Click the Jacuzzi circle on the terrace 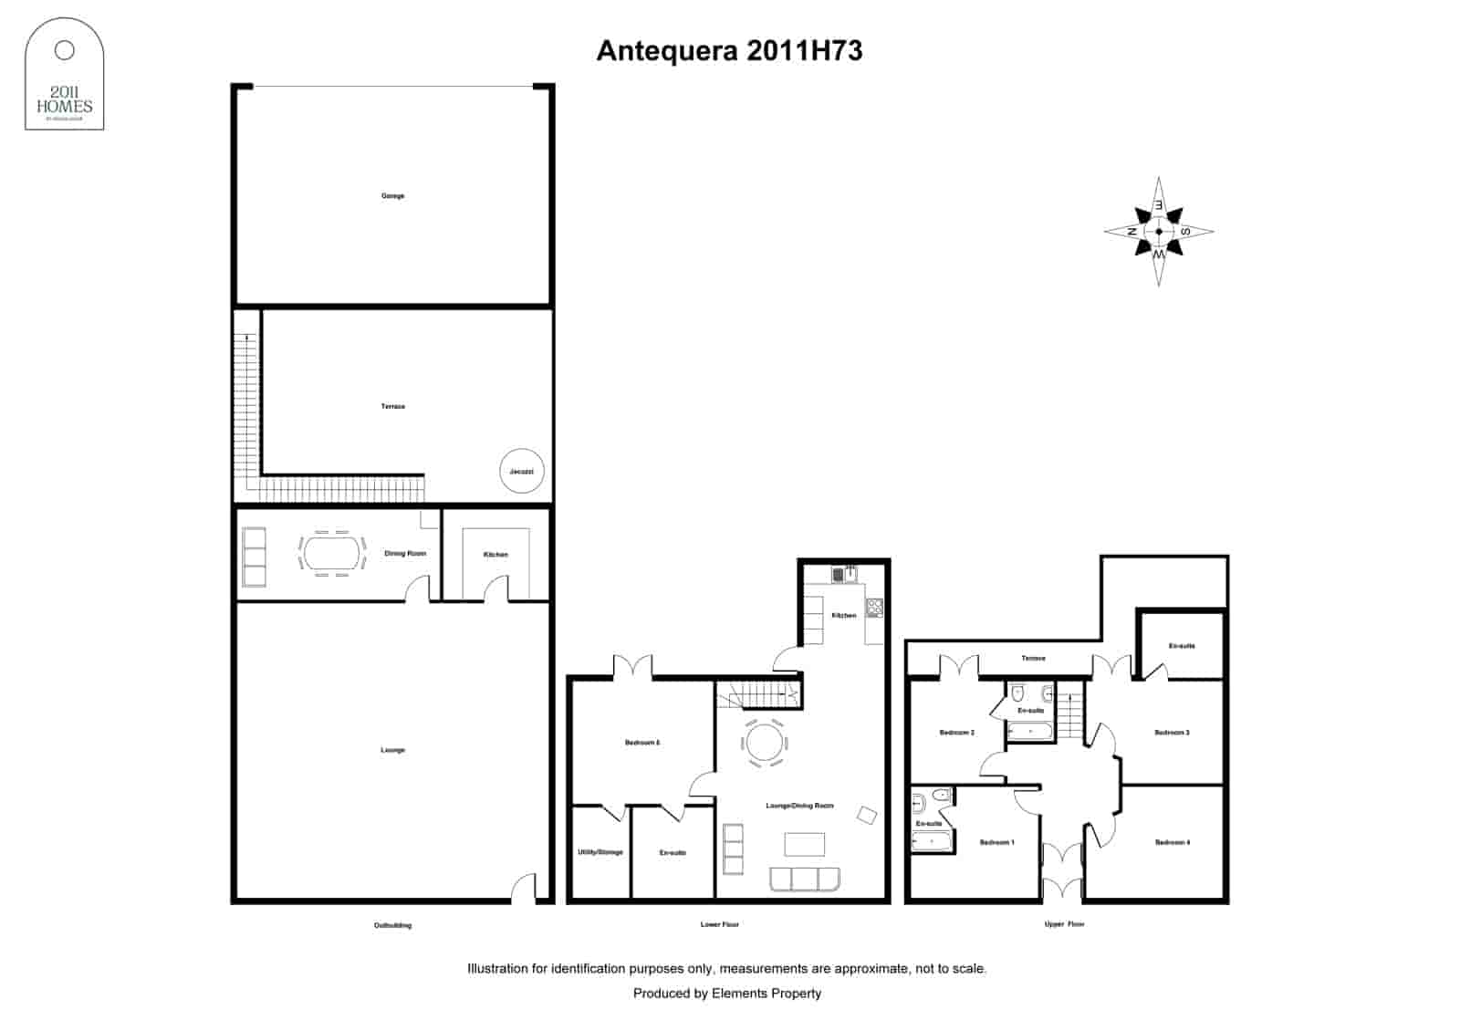522,471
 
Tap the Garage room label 392,196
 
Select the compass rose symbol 1159,232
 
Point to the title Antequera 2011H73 729,51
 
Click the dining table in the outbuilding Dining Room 331,552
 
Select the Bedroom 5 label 641,743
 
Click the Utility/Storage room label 600,852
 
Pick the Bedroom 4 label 1172,842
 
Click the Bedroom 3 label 1172,733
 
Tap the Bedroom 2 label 956,733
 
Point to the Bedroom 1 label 996,842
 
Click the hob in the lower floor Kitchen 874,606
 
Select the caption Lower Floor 719,924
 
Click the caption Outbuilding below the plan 392,925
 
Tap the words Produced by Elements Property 726,994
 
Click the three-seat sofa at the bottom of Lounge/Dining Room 804,880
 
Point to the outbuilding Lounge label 392,750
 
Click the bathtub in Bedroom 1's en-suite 931,842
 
